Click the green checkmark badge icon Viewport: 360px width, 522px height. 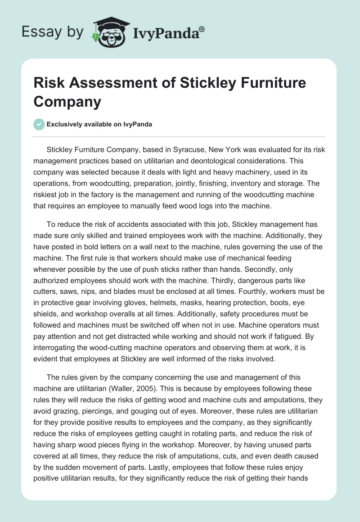coord(39,124)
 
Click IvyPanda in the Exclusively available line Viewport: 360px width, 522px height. coord(136,124)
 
